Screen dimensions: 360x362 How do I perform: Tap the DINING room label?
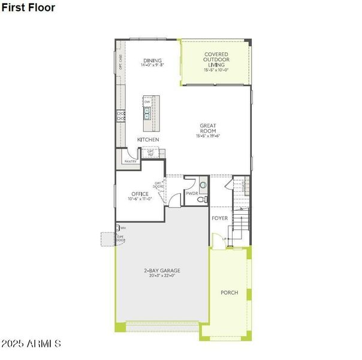point(152,60)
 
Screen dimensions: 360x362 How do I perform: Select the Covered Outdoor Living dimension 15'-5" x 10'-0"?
point(216,70)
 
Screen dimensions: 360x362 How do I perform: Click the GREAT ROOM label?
point(208,128)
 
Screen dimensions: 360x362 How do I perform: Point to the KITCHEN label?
point(148,140)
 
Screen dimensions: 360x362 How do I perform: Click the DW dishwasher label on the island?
point(147,102)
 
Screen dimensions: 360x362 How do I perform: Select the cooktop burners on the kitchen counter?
point(121,116)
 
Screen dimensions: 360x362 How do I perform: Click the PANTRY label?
point(130,161)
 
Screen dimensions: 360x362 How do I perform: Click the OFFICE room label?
point(139,194)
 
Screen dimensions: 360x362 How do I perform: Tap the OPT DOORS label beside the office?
point(159,185)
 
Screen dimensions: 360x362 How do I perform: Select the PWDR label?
point(192,194)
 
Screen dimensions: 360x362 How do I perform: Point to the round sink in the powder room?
point(203,185)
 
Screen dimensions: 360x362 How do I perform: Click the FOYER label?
point(220,218)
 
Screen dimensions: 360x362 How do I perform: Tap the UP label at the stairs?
point(224,239)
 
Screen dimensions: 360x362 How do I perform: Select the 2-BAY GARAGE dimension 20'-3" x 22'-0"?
point(162,276)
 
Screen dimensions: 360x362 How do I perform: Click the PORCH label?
point(229,293)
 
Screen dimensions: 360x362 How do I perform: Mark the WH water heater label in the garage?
point(123,228)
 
